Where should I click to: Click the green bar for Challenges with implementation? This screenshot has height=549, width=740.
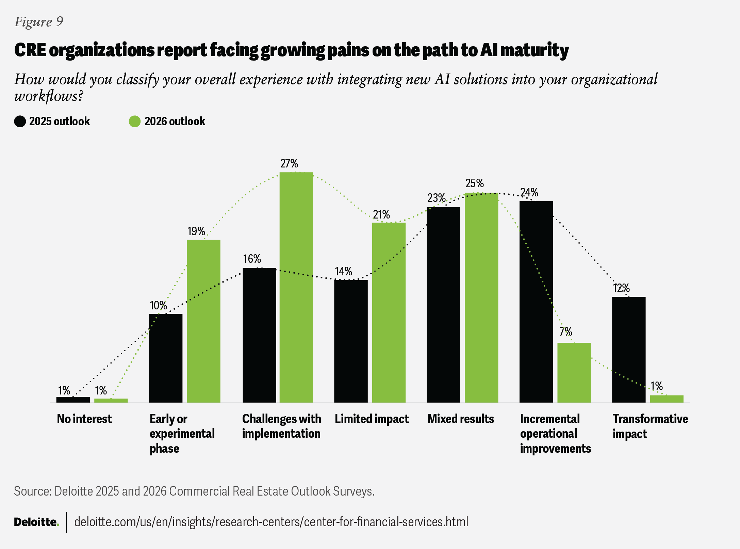pos(296,288)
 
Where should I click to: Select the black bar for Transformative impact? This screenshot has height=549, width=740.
pos(628,350)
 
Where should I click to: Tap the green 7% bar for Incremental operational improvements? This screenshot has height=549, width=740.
pos(574,373)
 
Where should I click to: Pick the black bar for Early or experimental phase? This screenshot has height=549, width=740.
pos(166,358)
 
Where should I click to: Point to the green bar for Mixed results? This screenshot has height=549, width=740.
pos(481,298)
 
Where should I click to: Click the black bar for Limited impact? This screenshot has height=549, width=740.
pos(351,341)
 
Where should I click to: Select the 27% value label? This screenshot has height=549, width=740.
pos(289,164)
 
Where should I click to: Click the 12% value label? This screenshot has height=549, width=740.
pos(621,288)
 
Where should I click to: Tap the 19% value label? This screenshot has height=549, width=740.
pos(196,231)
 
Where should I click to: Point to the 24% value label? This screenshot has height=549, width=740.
pos(529,193)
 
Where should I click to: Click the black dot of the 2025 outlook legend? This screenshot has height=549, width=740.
pos(20,122)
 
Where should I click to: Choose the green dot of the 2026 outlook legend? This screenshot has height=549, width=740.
pos(135,122)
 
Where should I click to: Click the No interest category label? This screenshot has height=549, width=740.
pos(84,419)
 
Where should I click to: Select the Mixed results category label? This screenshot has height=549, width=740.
pos(461,419)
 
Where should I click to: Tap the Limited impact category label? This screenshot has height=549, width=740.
pos(372,419)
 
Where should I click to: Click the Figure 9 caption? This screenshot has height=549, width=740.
pos(39,22)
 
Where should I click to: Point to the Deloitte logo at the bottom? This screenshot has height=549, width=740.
pos(36,522)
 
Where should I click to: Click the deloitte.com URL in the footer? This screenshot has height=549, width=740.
pos(271,522)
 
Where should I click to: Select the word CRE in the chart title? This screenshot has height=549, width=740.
pos(30,50)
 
